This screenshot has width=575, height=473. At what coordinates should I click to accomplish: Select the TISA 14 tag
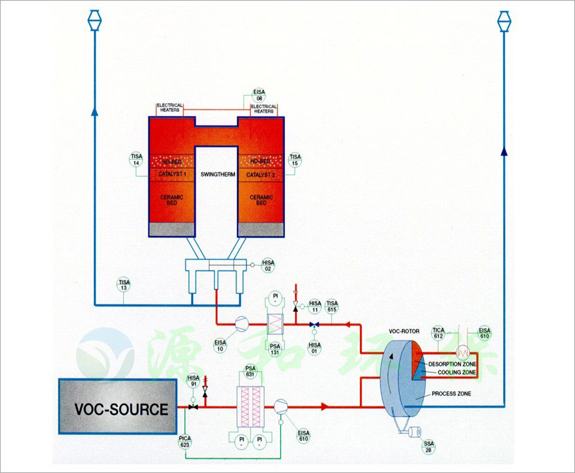coord(136,160)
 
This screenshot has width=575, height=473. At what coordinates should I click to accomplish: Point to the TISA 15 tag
coord(295,160)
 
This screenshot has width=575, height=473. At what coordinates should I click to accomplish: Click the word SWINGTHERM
coord(217,175)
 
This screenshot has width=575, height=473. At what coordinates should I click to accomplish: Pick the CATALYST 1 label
coord(171,175)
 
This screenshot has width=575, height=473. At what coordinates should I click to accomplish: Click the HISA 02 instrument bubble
coord(268,265)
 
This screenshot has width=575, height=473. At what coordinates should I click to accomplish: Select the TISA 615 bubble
coord(331,307)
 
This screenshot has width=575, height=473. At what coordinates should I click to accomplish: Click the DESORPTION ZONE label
coord(453,364)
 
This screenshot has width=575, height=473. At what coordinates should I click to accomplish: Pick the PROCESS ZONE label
coord(452,394)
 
